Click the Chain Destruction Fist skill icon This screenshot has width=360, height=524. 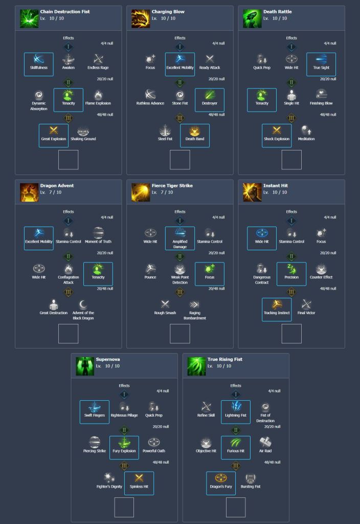coord(29,18)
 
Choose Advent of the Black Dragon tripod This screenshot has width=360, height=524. coord(83,305)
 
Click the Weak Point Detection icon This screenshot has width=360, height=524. coord(180,270)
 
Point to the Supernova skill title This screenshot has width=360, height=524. coord(108,359)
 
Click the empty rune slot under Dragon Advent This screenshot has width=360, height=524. coord(69,334)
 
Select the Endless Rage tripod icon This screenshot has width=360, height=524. coord(98,60)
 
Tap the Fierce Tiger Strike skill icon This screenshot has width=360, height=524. coord(141,192)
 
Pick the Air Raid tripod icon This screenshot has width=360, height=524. coord(265,443)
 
